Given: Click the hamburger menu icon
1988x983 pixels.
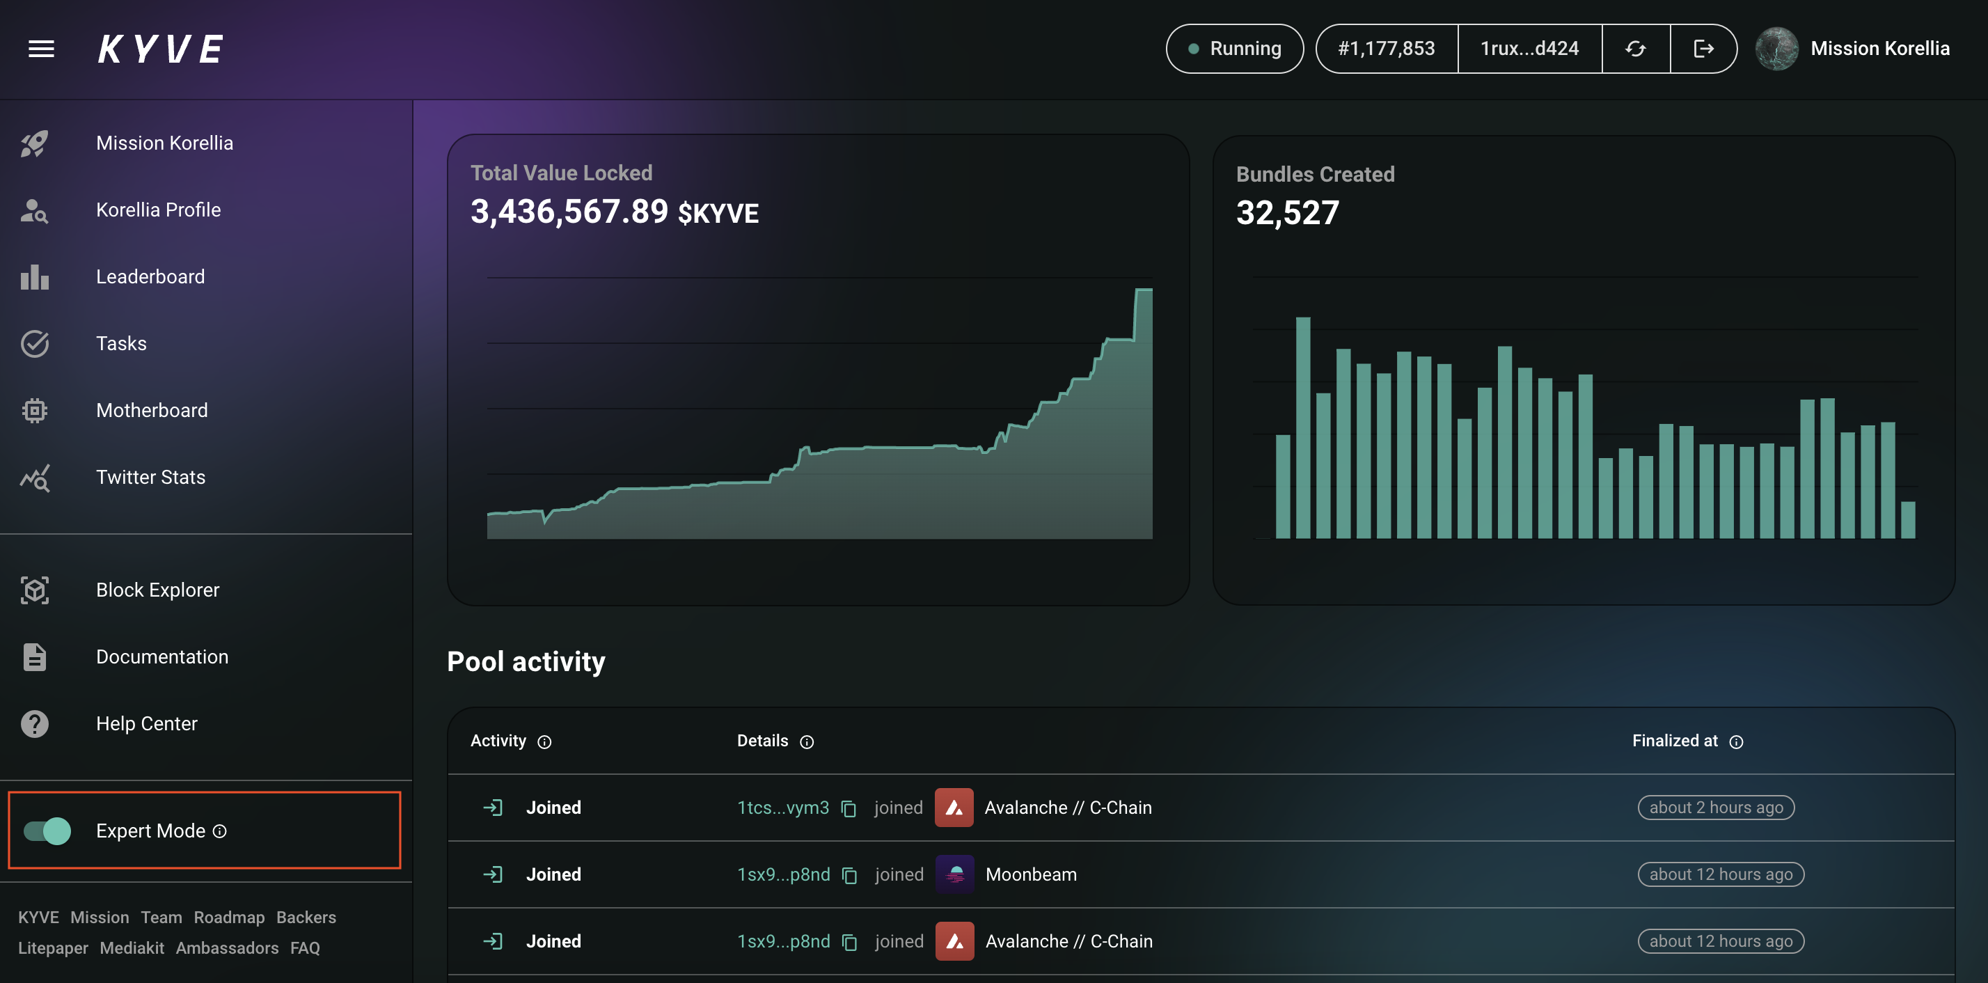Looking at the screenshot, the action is (x=41, y=49).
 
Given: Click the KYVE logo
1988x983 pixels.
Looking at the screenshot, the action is (x=161, y=49).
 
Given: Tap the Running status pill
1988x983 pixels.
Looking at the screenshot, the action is (x=1234, y=49).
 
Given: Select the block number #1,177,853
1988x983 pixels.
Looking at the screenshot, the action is (x=1386, y=49).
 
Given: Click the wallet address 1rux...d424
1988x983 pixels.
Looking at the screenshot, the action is (x=1529, y=49).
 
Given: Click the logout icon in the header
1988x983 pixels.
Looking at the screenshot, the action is (x=1703, y=49).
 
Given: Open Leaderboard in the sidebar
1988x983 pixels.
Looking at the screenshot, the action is (x=150, y=276).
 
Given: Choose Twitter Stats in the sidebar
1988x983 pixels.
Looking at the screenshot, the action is (x=150, y=477).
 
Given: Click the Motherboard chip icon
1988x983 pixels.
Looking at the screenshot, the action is (x=35, y=411).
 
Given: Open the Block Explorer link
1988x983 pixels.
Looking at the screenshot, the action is (x=157, y=590).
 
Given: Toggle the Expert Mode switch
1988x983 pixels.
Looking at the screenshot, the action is (x=47, y=831).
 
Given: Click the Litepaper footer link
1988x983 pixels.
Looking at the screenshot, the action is (x=53, y=947).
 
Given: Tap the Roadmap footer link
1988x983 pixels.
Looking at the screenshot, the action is (x=229, y=917).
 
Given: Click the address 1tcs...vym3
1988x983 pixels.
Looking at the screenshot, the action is (x=782, y=807).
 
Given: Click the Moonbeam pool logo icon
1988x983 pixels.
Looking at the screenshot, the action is (x=954, y=874).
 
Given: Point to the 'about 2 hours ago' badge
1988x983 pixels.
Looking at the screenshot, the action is (x=1717, y=807).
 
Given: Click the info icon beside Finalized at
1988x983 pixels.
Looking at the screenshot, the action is (x=1737, y=741).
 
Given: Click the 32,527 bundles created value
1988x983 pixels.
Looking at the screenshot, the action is (x=1287, y=213).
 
